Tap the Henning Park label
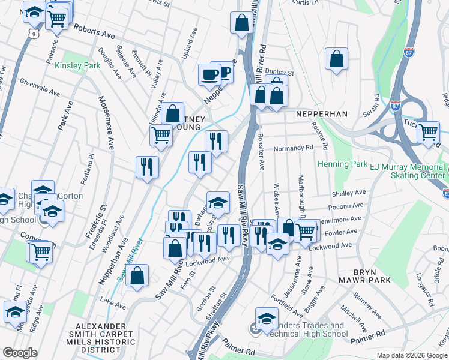(342, 164)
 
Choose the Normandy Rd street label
(294, 148)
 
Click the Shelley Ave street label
(349, 193)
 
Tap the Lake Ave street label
(113, 304)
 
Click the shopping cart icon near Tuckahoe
(428, 132)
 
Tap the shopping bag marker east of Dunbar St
(337, 59)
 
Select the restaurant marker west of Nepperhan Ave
(147, 167)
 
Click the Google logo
(20, 353)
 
